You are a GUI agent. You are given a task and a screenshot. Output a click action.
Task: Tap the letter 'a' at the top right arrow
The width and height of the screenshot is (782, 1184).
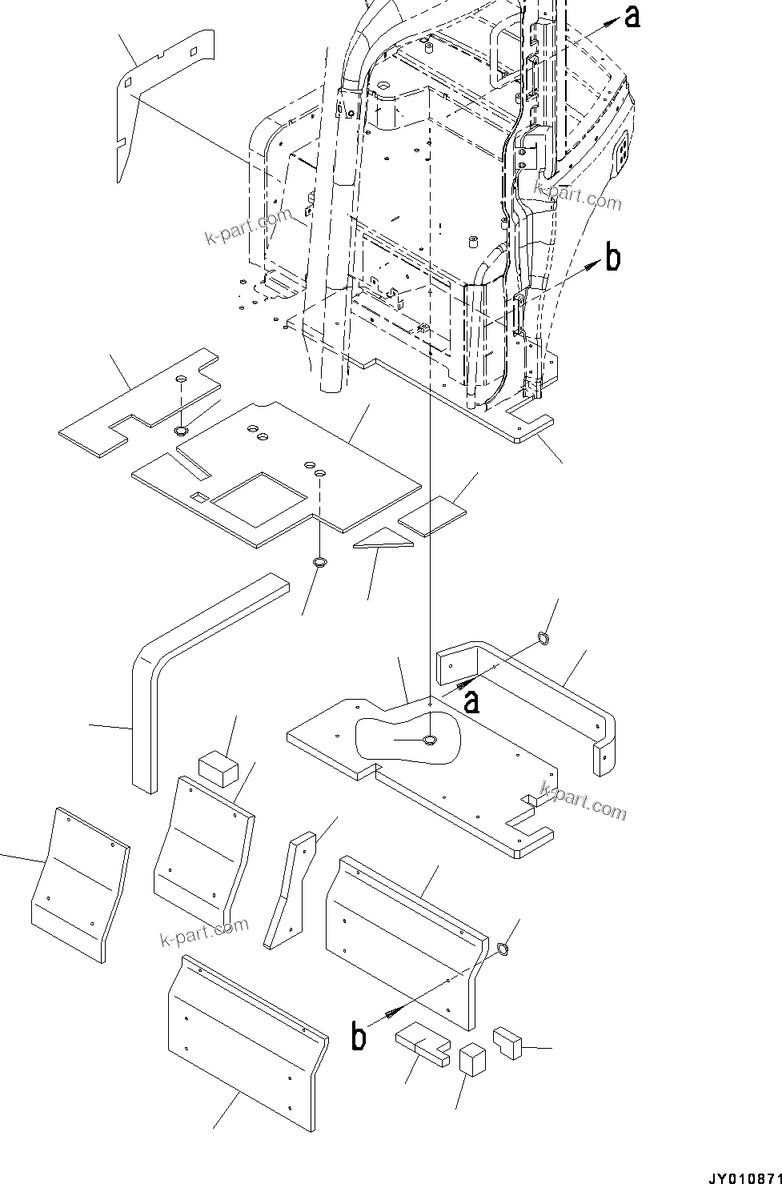pyautogui.click(x=632, y=16)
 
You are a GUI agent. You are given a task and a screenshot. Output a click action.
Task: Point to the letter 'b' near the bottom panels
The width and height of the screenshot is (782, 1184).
pyautogui.click(x=359, y=1037)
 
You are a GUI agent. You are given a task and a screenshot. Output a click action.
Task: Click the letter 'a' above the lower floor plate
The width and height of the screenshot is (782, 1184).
pyautogui.click(x=472, y=702)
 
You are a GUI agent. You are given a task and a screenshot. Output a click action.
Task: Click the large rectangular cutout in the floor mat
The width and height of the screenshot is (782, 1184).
pyautogui.click(x=256, y=498)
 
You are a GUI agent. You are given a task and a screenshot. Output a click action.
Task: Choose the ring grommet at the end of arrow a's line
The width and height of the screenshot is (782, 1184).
pyautogui.click(x=542, y=638)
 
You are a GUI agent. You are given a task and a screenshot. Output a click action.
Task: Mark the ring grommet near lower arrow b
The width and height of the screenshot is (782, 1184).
pyautogui.click(x=503, y=949)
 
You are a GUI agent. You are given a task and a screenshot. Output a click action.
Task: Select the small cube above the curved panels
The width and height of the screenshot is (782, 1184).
pyautogui.click(x=218, y=769)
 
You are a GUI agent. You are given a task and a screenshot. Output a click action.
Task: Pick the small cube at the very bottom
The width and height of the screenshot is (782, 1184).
pyautogui.click(x=473, y=1060)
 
